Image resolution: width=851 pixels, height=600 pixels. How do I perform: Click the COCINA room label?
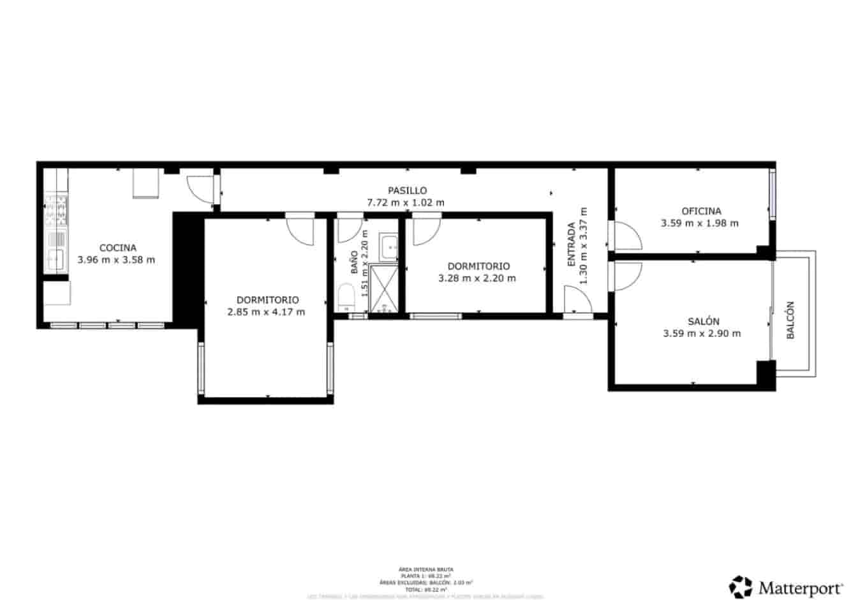117,248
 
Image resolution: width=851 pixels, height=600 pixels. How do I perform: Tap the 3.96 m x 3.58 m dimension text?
116,260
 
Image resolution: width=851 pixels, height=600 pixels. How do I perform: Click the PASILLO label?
407,190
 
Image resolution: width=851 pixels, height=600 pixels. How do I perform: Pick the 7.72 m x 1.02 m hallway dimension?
406,202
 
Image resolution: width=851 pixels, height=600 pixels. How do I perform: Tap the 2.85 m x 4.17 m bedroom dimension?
266,312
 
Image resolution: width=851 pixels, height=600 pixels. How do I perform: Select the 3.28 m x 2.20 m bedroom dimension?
477,278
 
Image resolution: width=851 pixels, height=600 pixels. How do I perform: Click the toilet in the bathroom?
346,298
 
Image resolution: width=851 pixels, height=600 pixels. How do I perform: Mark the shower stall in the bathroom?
384,289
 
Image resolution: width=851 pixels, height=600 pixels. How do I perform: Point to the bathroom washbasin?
388,246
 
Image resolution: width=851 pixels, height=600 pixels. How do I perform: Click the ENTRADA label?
572,244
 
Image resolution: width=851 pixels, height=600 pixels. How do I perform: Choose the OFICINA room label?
701,211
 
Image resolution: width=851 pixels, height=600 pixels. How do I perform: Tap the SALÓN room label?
704,321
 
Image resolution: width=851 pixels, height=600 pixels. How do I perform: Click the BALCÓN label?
790,320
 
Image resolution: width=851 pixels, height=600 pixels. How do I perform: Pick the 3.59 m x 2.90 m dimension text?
702,333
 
